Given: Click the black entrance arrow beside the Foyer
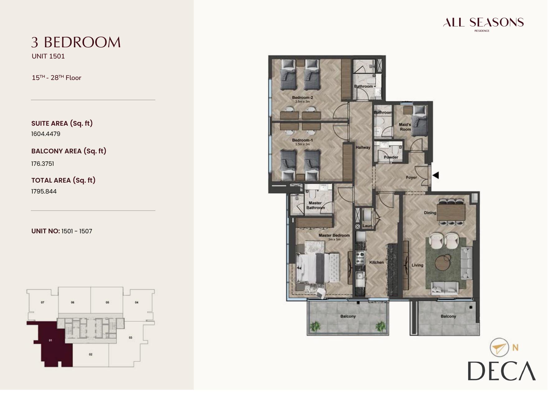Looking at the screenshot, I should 436,175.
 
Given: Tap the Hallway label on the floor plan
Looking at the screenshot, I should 363,147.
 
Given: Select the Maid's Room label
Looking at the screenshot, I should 405,127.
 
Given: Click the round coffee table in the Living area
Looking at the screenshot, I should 442,263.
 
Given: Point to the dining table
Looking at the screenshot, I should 451,212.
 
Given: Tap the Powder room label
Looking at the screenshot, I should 391,157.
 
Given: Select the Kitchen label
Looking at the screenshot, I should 376,262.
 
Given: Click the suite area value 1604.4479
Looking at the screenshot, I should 46,134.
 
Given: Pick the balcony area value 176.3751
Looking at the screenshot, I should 43,164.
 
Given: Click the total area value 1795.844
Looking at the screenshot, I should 44,191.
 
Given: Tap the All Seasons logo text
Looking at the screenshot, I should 483,22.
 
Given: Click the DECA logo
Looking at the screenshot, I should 501,371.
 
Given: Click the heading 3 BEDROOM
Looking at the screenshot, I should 76,42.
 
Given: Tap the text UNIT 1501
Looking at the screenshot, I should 48,56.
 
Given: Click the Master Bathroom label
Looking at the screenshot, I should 315,205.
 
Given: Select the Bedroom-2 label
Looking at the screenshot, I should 302,97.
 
